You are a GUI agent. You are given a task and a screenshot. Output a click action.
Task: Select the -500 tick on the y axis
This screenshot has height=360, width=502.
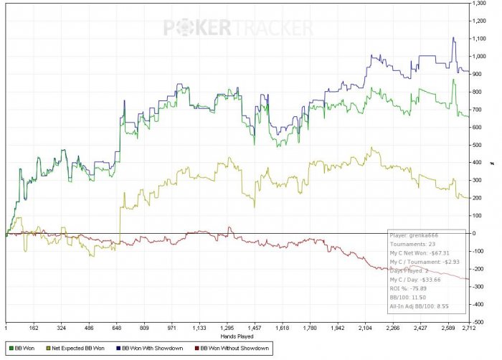(479, 321)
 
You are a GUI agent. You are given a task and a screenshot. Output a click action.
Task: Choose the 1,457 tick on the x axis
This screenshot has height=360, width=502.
(254, 327)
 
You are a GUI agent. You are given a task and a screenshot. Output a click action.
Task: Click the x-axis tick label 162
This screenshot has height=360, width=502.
(34, 327)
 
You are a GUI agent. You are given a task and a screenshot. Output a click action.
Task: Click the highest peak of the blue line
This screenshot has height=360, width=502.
(453, 38)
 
